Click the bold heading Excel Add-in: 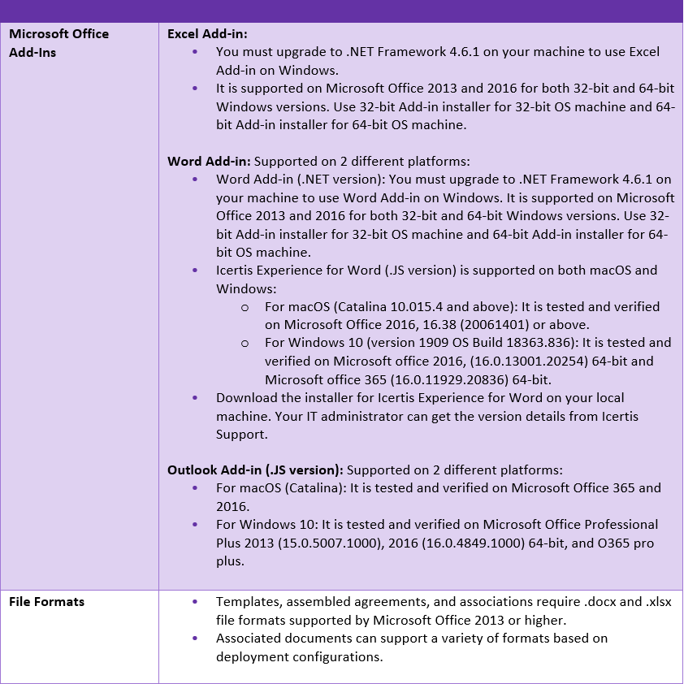pyautogui.click(x=207, y=34)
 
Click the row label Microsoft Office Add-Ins pyautogui.click(x=58, y=43)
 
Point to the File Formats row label pyautogui.click(x=46, y=602)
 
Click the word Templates pyautogui.click(x=246, y=602)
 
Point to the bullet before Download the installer pyautogui.click(x=195, y=398)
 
